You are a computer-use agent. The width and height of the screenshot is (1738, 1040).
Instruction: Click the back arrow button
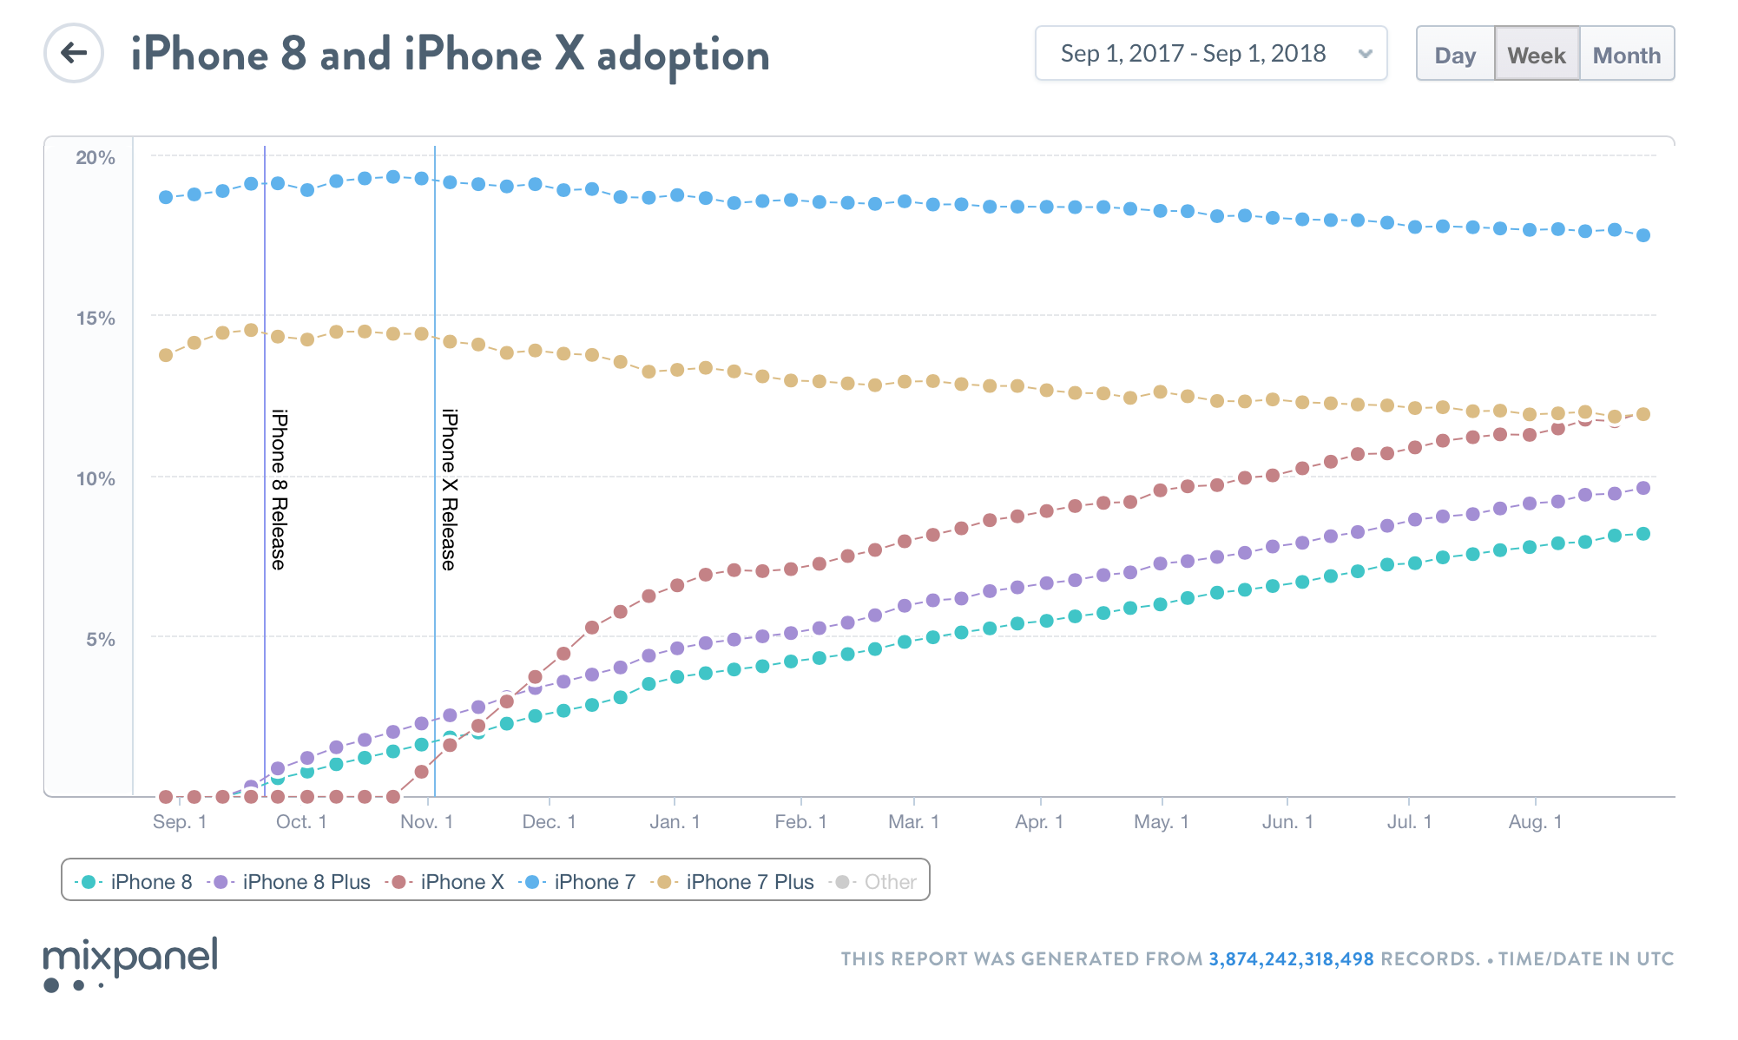(x=74, y=53)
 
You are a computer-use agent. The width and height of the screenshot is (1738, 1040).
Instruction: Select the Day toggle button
(x=1455, y=55)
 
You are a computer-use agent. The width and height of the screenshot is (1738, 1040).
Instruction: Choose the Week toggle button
(x=1537, y=55)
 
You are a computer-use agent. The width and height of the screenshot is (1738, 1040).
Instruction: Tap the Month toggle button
(x=1627, y=55)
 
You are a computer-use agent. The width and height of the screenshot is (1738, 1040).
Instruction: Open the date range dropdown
(x=1210, y=54)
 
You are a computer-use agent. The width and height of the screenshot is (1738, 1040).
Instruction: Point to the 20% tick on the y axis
(x=95, y=158)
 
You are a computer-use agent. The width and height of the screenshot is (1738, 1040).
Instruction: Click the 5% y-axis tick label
(x=101, y=640)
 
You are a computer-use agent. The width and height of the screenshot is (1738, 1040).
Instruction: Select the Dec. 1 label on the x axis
(x=549, y=822)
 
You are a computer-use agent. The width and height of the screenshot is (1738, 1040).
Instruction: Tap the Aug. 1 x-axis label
(x=1535, y=822)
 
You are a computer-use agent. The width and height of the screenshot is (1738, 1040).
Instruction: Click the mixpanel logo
(x=130, y=962)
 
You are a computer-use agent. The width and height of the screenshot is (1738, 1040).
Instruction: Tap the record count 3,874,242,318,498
(x=1291, y=959)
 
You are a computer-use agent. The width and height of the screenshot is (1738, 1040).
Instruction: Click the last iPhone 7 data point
(x=1643, y=235)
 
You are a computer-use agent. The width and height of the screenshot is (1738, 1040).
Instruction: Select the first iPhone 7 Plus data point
(x=166, y=355)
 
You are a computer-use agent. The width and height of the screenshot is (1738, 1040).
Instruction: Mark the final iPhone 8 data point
(x=1643, y=534)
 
